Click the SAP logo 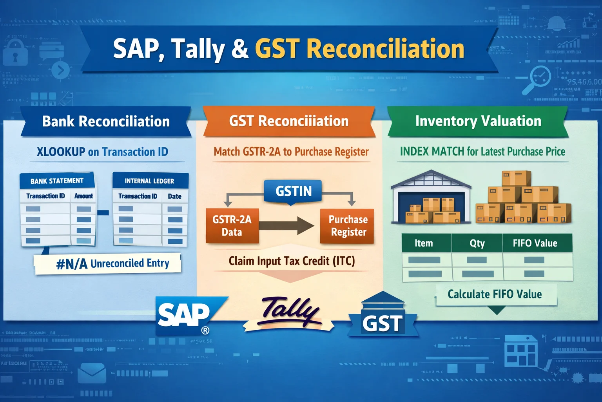coord(187,315)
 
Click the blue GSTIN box coord(293,191)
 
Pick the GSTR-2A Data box coord(232,226)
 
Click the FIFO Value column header coord(535,243)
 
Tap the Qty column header coord(477,243)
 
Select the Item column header coord(424,243)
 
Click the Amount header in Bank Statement coord(83,196)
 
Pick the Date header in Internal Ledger coord(174,196)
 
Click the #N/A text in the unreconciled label coord(72,264)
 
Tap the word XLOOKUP coord(61,152)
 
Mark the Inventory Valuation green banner coord(478,121)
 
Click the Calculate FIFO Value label coord(495,294)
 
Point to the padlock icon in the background coord(15,53)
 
